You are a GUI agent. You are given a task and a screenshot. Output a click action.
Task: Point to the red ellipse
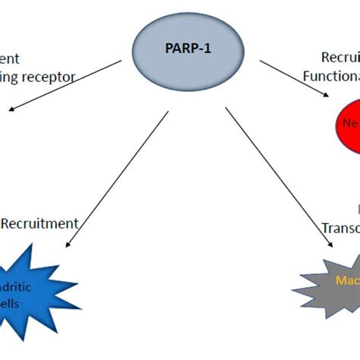pos(345,126)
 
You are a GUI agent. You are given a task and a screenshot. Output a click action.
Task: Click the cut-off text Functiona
pos(331,76)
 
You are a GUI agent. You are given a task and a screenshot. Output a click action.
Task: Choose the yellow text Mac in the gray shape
pos(346,280)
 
